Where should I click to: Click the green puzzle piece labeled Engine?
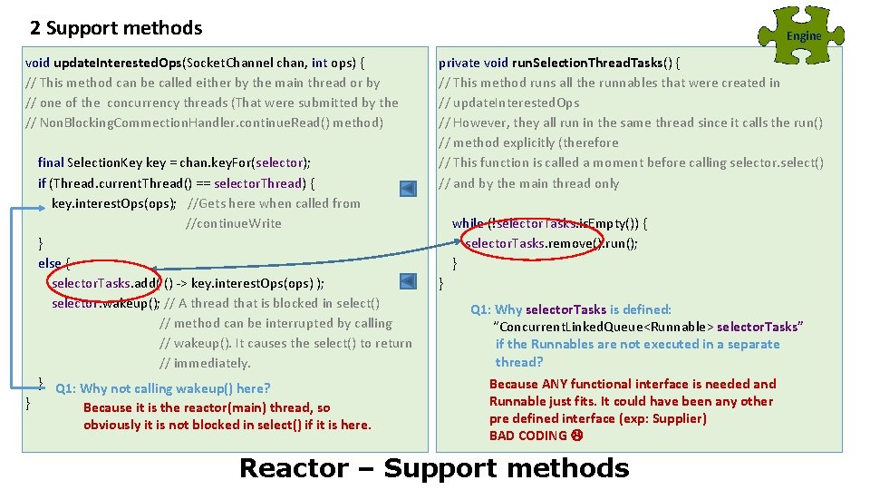coord(802,35)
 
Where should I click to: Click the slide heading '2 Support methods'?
coord(116,28)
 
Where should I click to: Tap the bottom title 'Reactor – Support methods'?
coord(433,468)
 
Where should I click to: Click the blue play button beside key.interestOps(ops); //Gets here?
coord(409,189)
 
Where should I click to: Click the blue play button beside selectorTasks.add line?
coord(409,282)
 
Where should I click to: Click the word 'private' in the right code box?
coord(459,63)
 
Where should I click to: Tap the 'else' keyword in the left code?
coord(49,263)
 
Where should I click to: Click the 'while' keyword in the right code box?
coord(468,223)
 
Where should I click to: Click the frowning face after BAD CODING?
coord(576,436)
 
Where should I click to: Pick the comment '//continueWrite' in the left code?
coord(234,223)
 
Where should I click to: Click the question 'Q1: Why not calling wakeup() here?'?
coord(162,389)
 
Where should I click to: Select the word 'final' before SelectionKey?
coord(51,162)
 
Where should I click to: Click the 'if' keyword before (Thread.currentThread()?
coord(43,183)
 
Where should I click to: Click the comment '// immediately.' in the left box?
coord(205,363)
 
